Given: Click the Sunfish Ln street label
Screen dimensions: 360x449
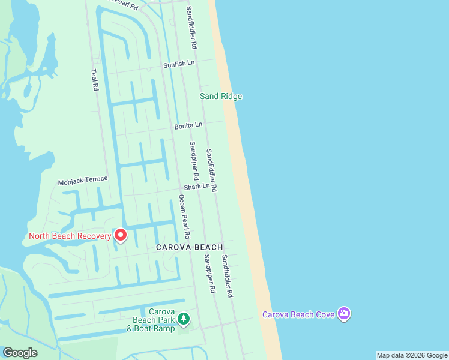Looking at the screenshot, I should click(179, 64).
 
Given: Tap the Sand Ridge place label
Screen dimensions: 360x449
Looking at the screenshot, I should click(221, 96).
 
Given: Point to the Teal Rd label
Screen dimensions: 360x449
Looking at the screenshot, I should click(94, 79).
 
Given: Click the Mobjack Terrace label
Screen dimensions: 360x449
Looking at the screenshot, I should click(83, 179).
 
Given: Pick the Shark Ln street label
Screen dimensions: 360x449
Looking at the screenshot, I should click(197, 187).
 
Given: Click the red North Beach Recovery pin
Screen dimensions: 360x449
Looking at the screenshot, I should click(121, 235).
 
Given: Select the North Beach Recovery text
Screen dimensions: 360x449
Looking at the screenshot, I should click(70, 236).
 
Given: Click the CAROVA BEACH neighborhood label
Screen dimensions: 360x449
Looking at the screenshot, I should click(190, 247).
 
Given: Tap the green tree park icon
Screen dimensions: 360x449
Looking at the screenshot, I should click(185, 318).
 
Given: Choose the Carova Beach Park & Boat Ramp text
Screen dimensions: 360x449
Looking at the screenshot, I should click(154, 320).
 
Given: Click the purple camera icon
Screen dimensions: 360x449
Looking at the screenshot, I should click(344, 313).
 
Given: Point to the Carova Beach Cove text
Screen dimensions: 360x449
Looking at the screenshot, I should click(298, 314).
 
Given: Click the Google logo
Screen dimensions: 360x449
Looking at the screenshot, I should click(20, 352).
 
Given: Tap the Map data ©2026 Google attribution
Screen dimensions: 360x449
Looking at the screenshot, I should click(412, 355).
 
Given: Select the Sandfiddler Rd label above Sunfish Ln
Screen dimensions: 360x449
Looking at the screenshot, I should click(192, 28).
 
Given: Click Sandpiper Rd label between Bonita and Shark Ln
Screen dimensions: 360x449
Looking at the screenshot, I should click(193, 161).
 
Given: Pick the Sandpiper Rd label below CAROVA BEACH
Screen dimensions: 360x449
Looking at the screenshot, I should click(209, 274).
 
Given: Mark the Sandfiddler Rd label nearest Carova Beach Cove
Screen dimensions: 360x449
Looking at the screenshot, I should click(226, 277).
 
